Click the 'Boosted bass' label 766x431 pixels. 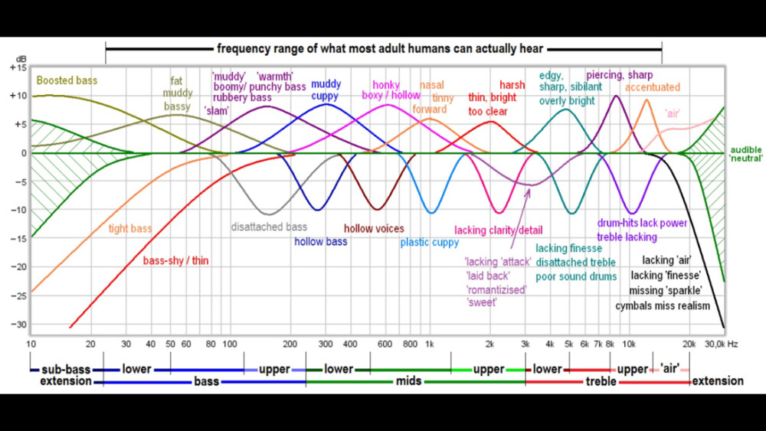[67, 80]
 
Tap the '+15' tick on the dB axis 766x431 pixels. [18, 68]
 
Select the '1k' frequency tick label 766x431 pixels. [430, 344]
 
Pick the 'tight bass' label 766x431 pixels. [129, 228]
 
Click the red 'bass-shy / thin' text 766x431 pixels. [175, 260]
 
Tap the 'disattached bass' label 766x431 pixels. [269, 227]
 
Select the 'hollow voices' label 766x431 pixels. [374, 228]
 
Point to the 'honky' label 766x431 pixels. [386, 85]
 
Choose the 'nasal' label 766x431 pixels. [432, 85]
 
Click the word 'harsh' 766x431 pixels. [512, 85]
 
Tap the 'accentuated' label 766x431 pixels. [652, 88]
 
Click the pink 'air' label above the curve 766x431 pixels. [673, 113]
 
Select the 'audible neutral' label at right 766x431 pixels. [745, 155]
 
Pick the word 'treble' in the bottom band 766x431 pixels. [601, 380]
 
